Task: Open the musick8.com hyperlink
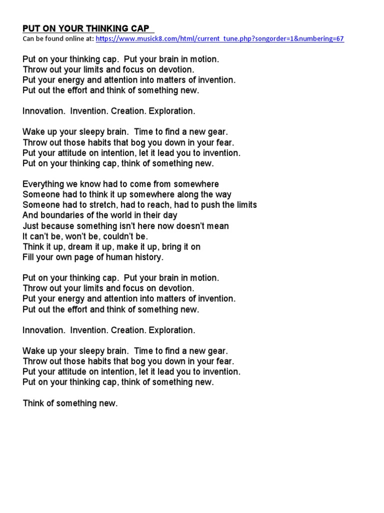[219, 39]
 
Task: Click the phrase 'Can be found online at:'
[58, 39]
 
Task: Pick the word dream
[69, 246]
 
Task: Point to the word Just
[30, 226]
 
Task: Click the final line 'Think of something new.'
[70, 403]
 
